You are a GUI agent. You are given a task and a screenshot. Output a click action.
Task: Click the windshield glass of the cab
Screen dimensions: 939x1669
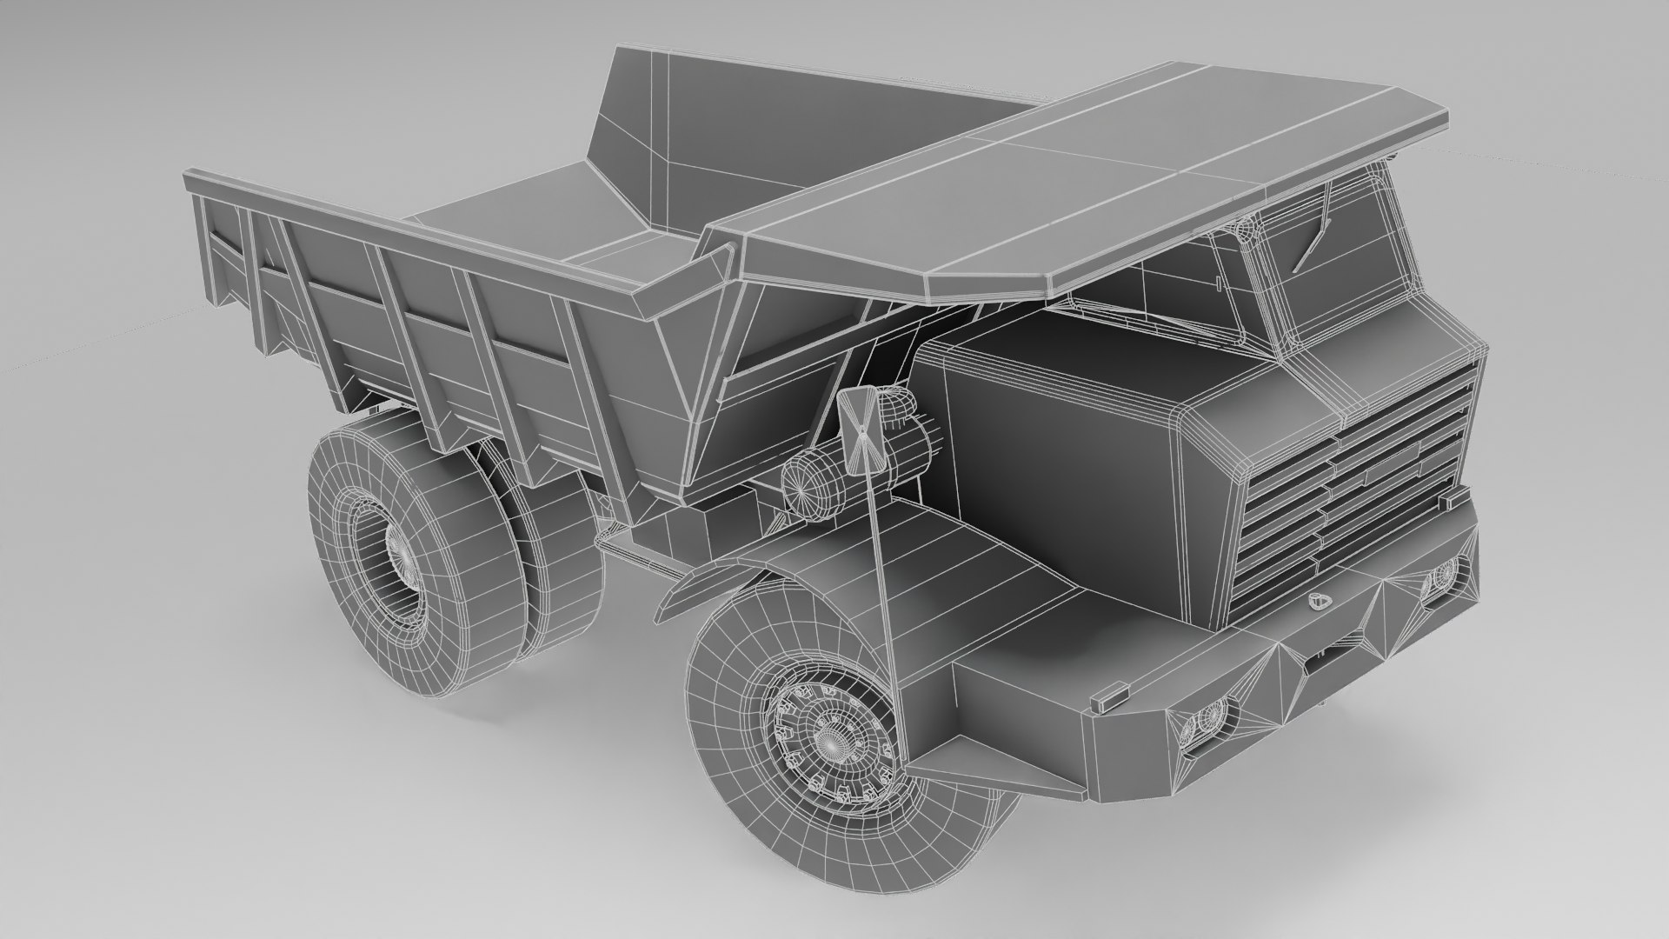1339,261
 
